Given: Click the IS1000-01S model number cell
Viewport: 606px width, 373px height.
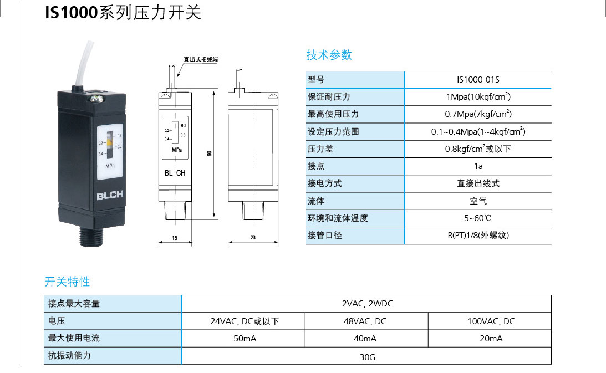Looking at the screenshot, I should tap(478, 80).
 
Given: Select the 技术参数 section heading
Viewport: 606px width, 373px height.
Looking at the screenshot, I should tap(329, 55).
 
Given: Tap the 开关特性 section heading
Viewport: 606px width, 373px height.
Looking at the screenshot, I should tap(67, 282).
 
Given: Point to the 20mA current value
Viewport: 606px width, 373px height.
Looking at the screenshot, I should tap(491, 338).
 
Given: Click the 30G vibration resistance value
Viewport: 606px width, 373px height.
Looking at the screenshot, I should tap(367, 357).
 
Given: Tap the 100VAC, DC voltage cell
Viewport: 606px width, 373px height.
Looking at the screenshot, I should tap(491, 321).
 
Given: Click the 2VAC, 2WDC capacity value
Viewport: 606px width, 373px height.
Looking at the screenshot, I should tap(367, 304).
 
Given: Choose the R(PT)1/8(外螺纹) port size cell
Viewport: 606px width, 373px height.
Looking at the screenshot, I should tap(478, 235).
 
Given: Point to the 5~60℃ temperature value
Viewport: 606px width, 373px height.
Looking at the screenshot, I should tap(478, 218).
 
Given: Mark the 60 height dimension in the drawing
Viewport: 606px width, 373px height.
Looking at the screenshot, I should tap(209, 154).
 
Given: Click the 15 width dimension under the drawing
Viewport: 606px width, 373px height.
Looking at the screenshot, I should tap(175, 238).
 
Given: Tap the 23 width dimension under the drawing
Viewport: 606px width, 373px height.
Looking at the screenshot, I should tap(253, 238).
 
